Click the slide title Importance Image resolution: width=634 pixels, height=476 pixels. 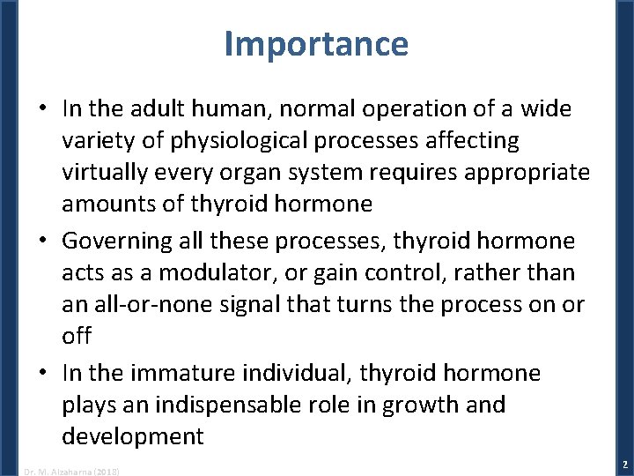316,43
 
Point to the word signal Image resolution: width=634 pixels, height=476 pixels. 255,305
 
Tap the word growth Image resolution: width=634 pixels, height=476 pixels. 414,405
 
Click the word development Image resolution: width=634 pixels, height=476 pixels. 132,436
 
